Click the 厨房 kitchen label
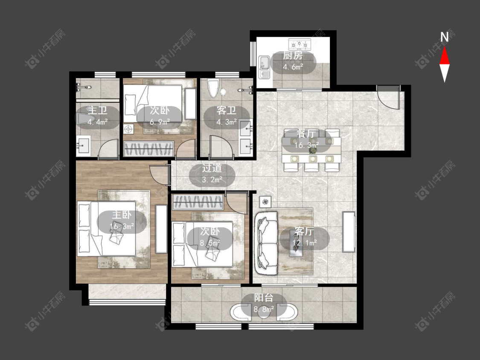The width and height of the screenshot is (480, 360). (x=293, y=55)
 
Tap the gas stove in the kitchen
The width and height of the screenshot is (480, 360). (x=300, y=44)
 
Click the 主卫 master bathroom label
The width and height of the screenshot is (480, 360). (x=97, y=110)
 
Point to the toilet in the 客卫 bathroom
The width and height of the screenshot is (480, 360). (x=213, y=88)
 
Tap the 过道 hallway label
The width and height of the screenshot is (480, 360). (x=212, y=168)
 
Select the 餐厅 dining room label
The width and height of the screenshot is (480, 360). (x=306, y=134)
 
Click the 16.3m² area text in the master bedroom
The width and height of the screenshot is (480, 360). (x=122, y=226)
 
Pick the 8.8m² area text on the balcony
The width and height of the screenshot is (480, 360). (x=264, y=309)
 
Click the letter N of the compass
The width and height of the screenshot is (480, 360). (x=445, y=37)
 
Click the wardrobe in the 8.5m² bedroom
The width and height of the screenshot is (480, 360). (x=198, y=202)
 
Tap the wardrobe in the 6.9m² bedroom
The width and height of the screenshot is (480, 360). (x=149, y=149)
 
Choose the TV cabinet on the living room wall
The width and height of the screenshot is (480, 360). (x=349, y=232)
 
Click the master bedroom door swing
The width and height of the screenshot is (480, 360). (x=159, y=174)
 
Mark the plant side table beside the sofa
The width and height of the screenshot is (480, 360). (x=265, y=202)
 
